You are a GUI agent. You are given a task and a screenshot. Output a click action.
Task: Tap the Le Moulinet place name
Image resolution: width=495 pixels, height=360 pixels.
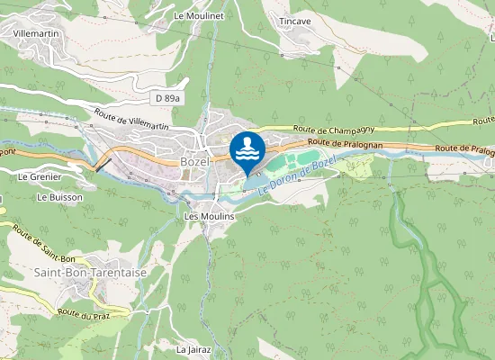[198, 16]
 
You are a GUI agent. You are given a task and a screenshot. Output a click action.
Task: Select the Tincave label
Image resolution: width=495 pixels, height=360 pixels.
[295, 21]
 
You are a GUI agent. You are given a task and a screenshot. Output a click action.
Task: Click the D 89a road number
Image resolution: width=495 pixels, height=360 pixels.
[166, 98]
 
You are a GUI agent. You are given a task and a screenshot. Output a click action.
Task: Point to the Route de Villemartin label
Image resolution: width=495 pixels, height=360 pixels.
[131, 120]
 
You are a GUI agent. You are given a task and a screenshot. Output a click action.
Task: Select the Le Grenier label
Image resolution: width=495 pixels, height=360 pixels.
[39, 177]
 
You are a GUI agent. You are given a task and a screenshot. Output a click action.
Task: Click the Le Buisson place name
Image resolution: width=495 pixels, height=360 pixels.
[59, 197]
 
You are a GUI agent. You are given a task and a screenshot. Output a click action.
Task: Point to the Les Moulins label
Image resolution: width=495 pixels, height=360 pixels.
[209, 217]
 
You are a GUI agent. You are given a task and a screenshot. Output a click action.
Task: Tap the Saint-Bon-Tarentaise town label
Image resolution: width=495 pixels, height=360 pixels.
[90, 272]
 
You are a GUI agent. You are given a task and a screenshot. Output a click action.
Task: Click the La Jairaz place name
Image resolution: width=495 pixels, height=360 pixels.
[194, 349]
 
